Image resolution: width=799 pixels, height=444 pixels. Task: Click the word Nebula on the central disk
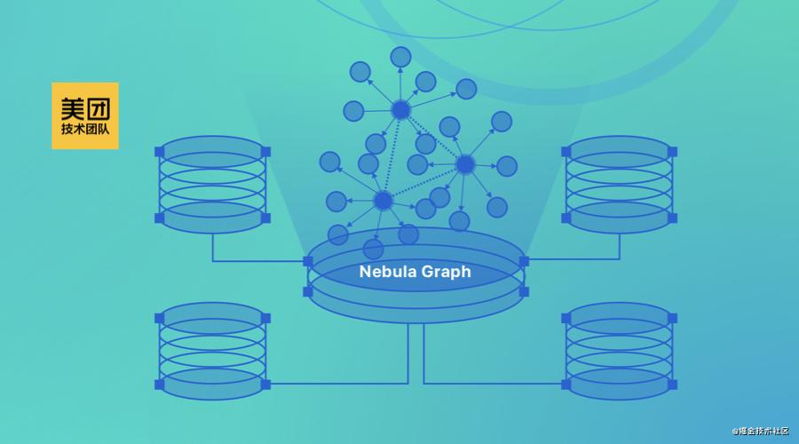coord(386,271)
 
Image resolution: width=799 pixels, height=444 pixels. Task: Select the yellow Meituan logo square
coord(85,115)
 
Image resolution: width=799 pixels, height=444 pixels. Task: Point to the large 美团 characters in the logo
coord(85,108)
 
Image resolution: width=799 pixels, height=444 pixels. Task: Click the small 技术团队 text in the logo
coord(85,129)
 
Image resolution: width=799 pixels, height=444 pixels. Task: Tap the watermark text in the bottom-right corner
coord(760,431)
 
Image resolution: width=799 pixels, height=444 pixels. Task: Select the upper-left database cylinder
coord(212,185)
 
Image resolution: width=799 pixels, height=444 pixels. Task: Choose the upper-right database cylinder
coord(619,185)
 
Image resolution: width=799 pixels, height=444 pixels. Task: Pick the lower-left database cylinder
coord(212,352)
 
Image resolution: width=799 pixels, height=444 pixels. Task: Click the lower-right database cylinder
coord(619,352)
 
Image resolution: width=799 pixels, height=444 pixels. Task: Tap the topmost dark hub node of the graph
coord(400,109)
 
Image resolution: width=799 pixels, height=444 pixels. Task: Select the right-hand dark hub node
coord(464,164)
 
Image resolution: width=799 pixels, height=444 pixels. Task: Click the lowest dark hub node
coord(384,201)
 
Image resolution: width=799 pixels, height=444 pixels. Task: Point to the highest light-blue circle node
coord(400,57)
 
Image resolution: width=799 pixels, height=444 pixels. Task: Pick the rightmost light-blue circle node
coord(507,166)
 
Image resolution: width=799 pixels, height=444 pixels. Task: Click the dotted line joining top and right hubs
coord(432,137)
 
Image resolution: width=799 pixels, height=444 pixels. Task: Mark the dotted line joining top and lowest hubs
coord(392,155)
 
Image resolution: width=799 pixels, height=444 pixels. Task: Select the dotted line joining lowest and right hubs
coord(424,183)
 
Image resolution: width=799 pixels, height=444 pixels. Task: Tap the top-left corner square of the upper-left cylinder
coord(160,152)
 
